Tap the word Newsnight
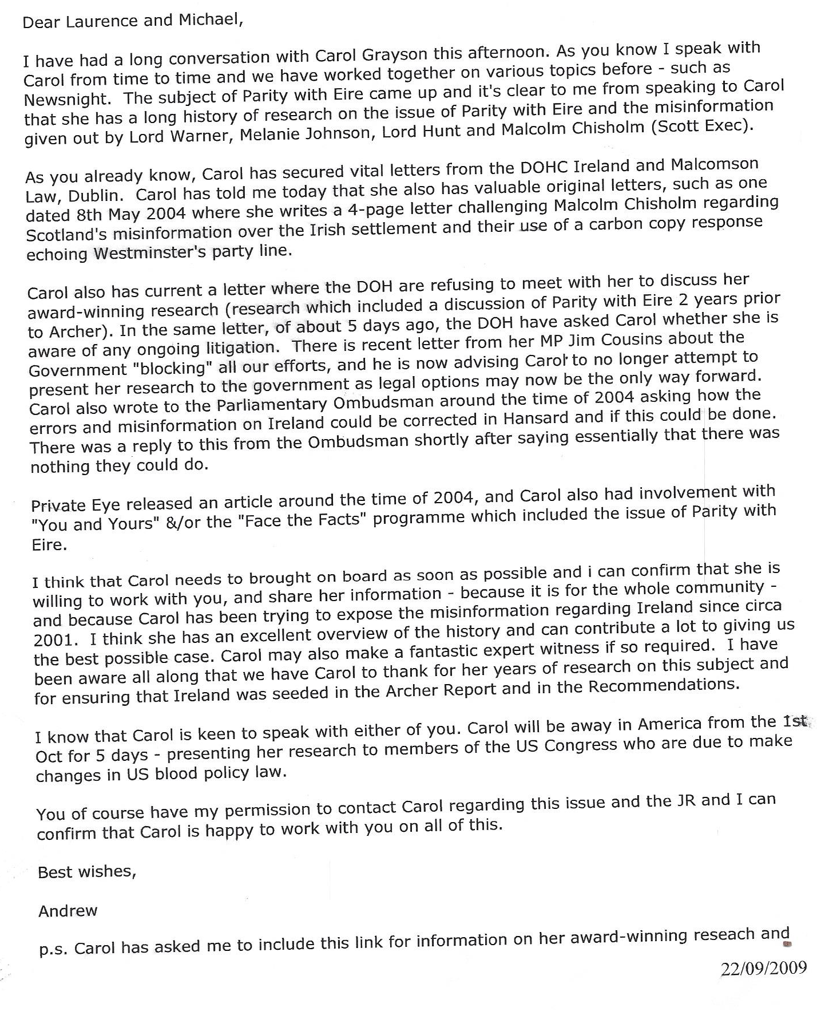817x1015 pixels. (x=67, y=99)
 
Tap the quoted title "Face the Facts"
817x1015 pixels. (x=302, y=519)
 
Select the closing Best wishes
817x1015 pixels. (x=87, y=872)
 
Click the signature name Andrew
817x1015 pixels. (x=68, y=911)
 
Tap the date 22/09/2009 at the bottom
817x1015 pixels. (x=763, y=968)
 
